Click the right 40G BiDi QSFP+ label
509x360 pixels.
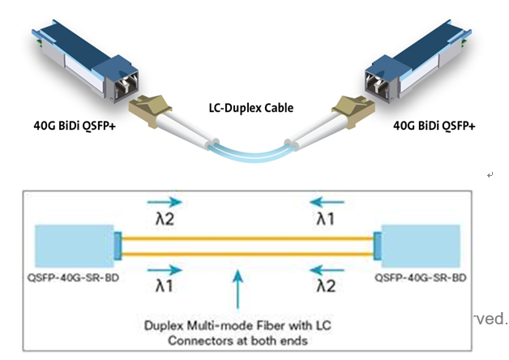click(434, 126)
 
